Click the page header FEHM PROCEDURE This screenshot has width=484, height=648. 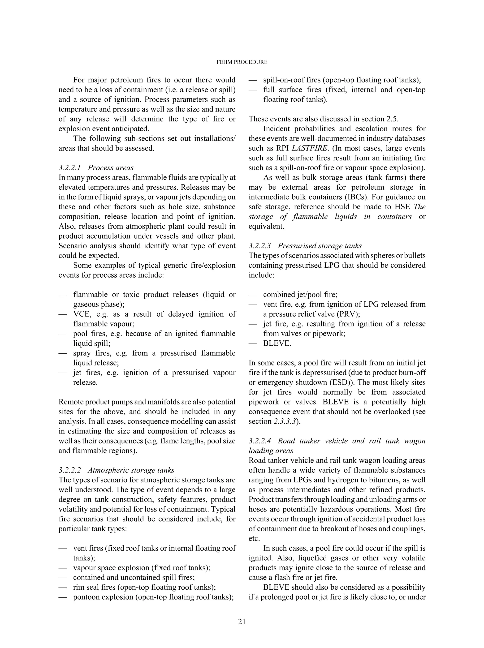pos(242,62)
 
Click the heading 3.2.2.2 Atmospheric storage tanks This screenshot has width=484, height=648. pos(116,470)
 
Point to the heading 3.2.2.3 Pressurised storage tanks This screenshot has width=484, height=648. pos(305,246)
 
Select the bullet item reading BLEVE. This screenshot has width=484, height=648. pos(277,343)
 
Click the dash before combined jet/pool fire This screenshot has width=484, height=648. pos(253,295)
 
